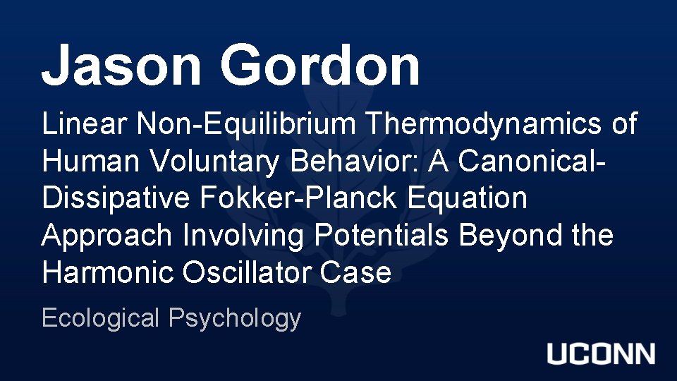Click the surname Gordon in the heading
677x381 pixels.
(320, 65)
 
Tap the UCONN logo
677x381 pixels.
(601, 354)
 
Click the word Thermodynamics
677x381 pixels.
(486, 126)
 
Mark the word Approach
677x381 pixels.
(106, 236)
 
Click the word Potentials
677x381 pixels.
(382, 235)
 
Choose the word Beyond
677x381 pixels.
(501, 236)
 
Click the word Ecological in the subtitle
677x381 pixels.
(100, 318)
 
